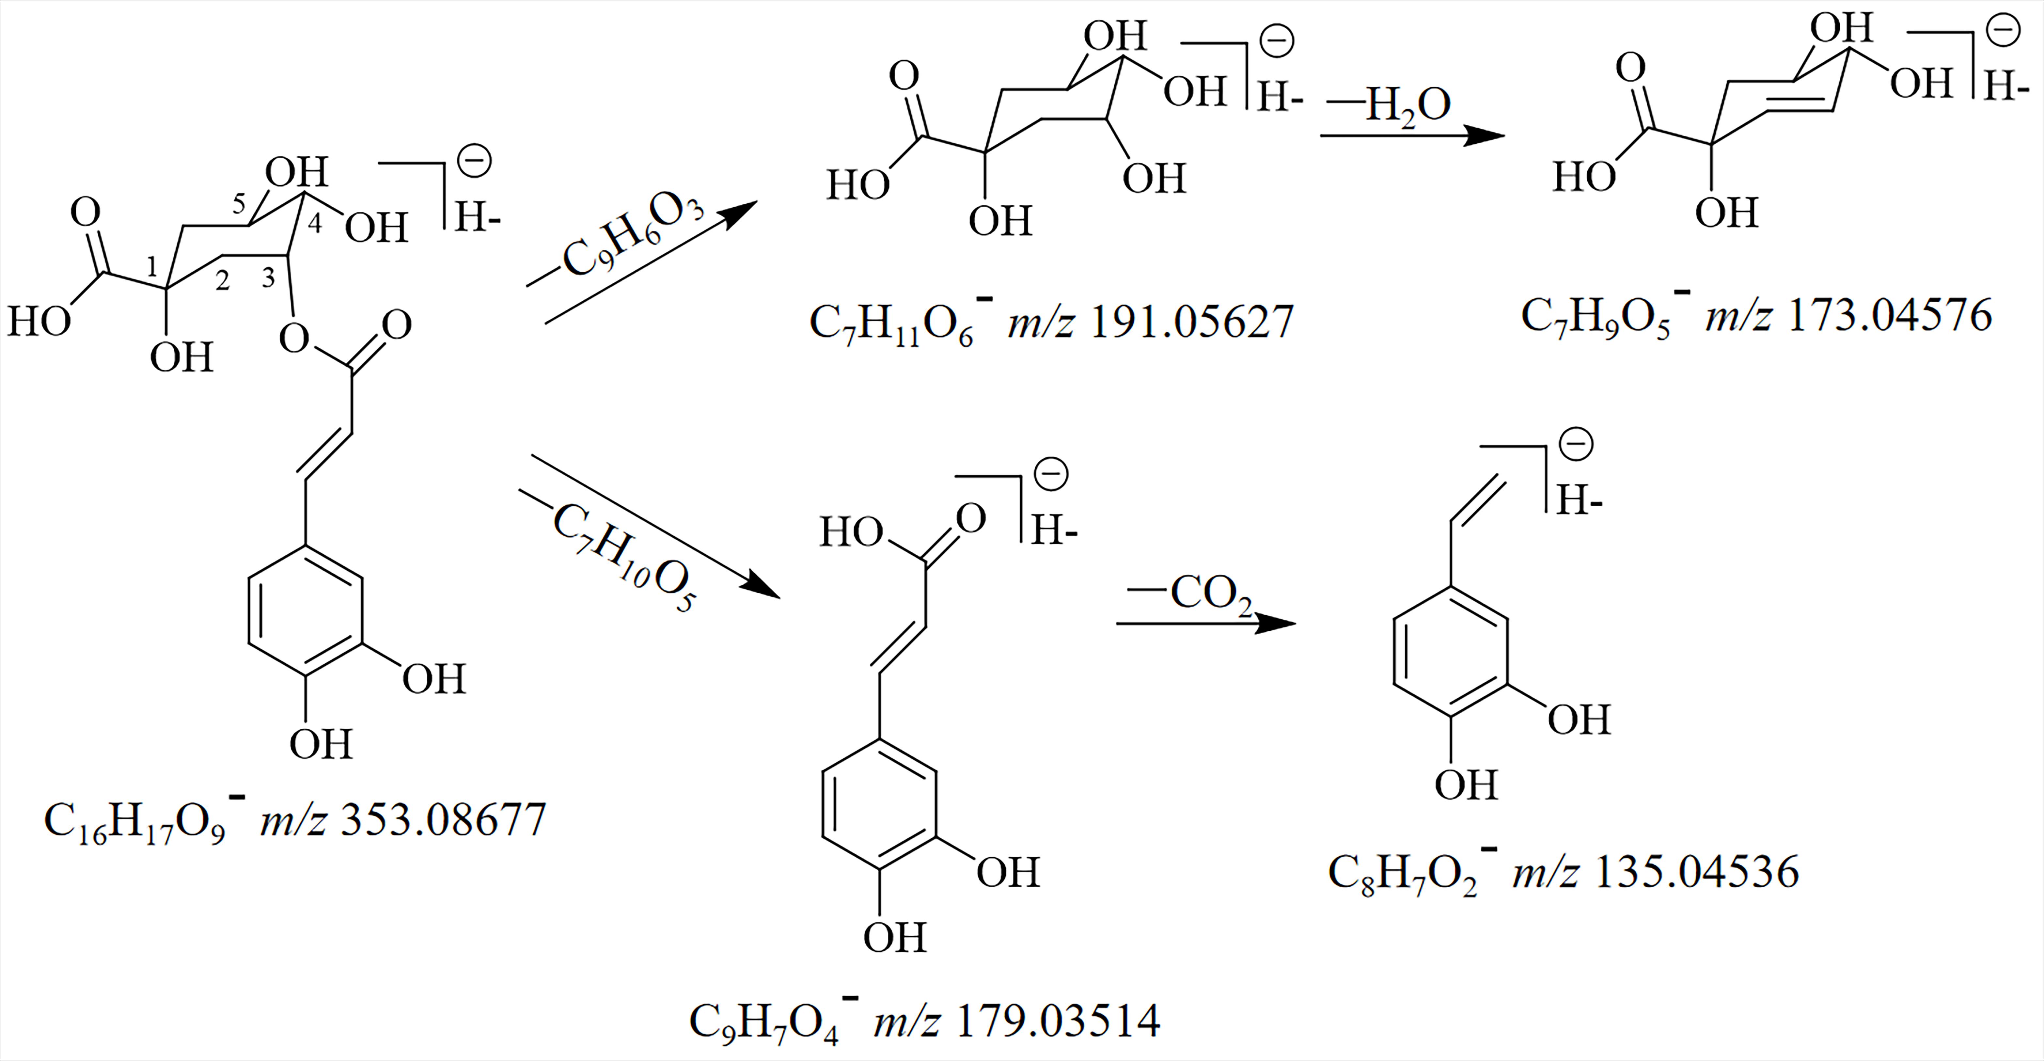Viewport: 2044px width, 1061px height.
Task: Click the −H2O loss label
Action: coord(1389,105)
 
